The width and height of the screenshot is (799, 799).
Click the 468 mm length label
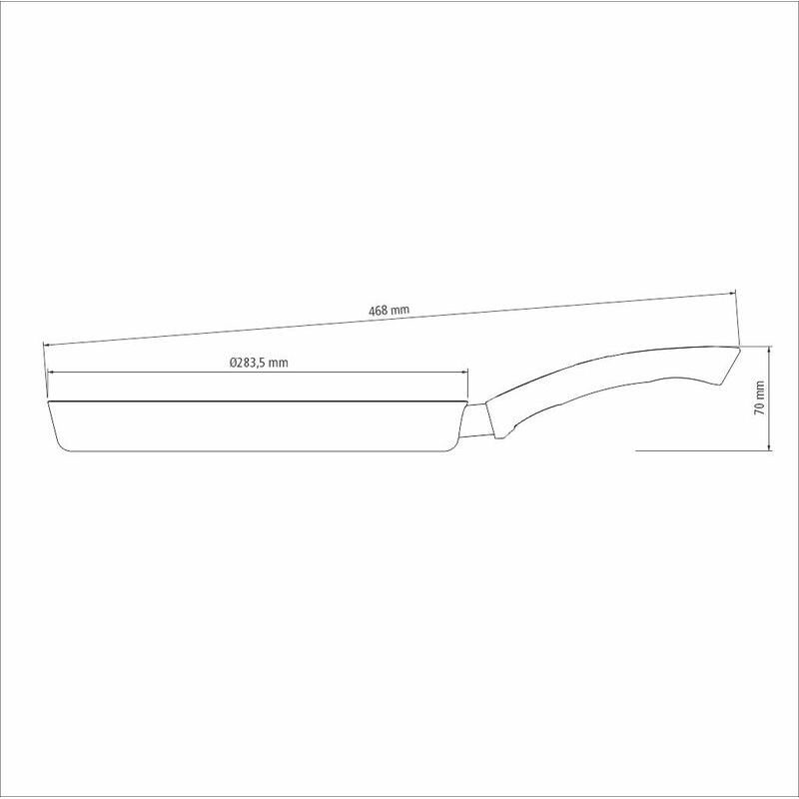click(389, 310)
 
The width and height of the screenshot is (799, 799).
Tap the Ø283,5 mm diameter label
click(259, 363)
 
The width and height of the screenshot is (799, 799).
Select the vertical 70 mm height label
click(759, 398)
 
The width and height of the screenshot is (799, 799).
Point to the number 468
click(379, 311)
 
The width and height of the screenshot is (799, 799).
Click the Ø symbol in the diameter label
click(233, 363)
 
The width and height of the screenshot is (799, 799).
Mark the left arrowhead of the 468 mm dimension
click(47, 345)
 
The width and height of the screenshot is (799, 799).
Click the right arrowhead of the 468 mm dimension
click(731, 294)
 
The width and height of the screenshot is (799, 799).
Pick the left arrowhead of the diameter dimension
click(51, 372)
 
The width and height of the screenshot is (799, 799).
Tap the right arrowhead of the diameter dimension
click(464, 372)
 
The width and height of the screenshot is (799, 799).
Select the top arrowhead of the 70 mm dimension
click(768, 351)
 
